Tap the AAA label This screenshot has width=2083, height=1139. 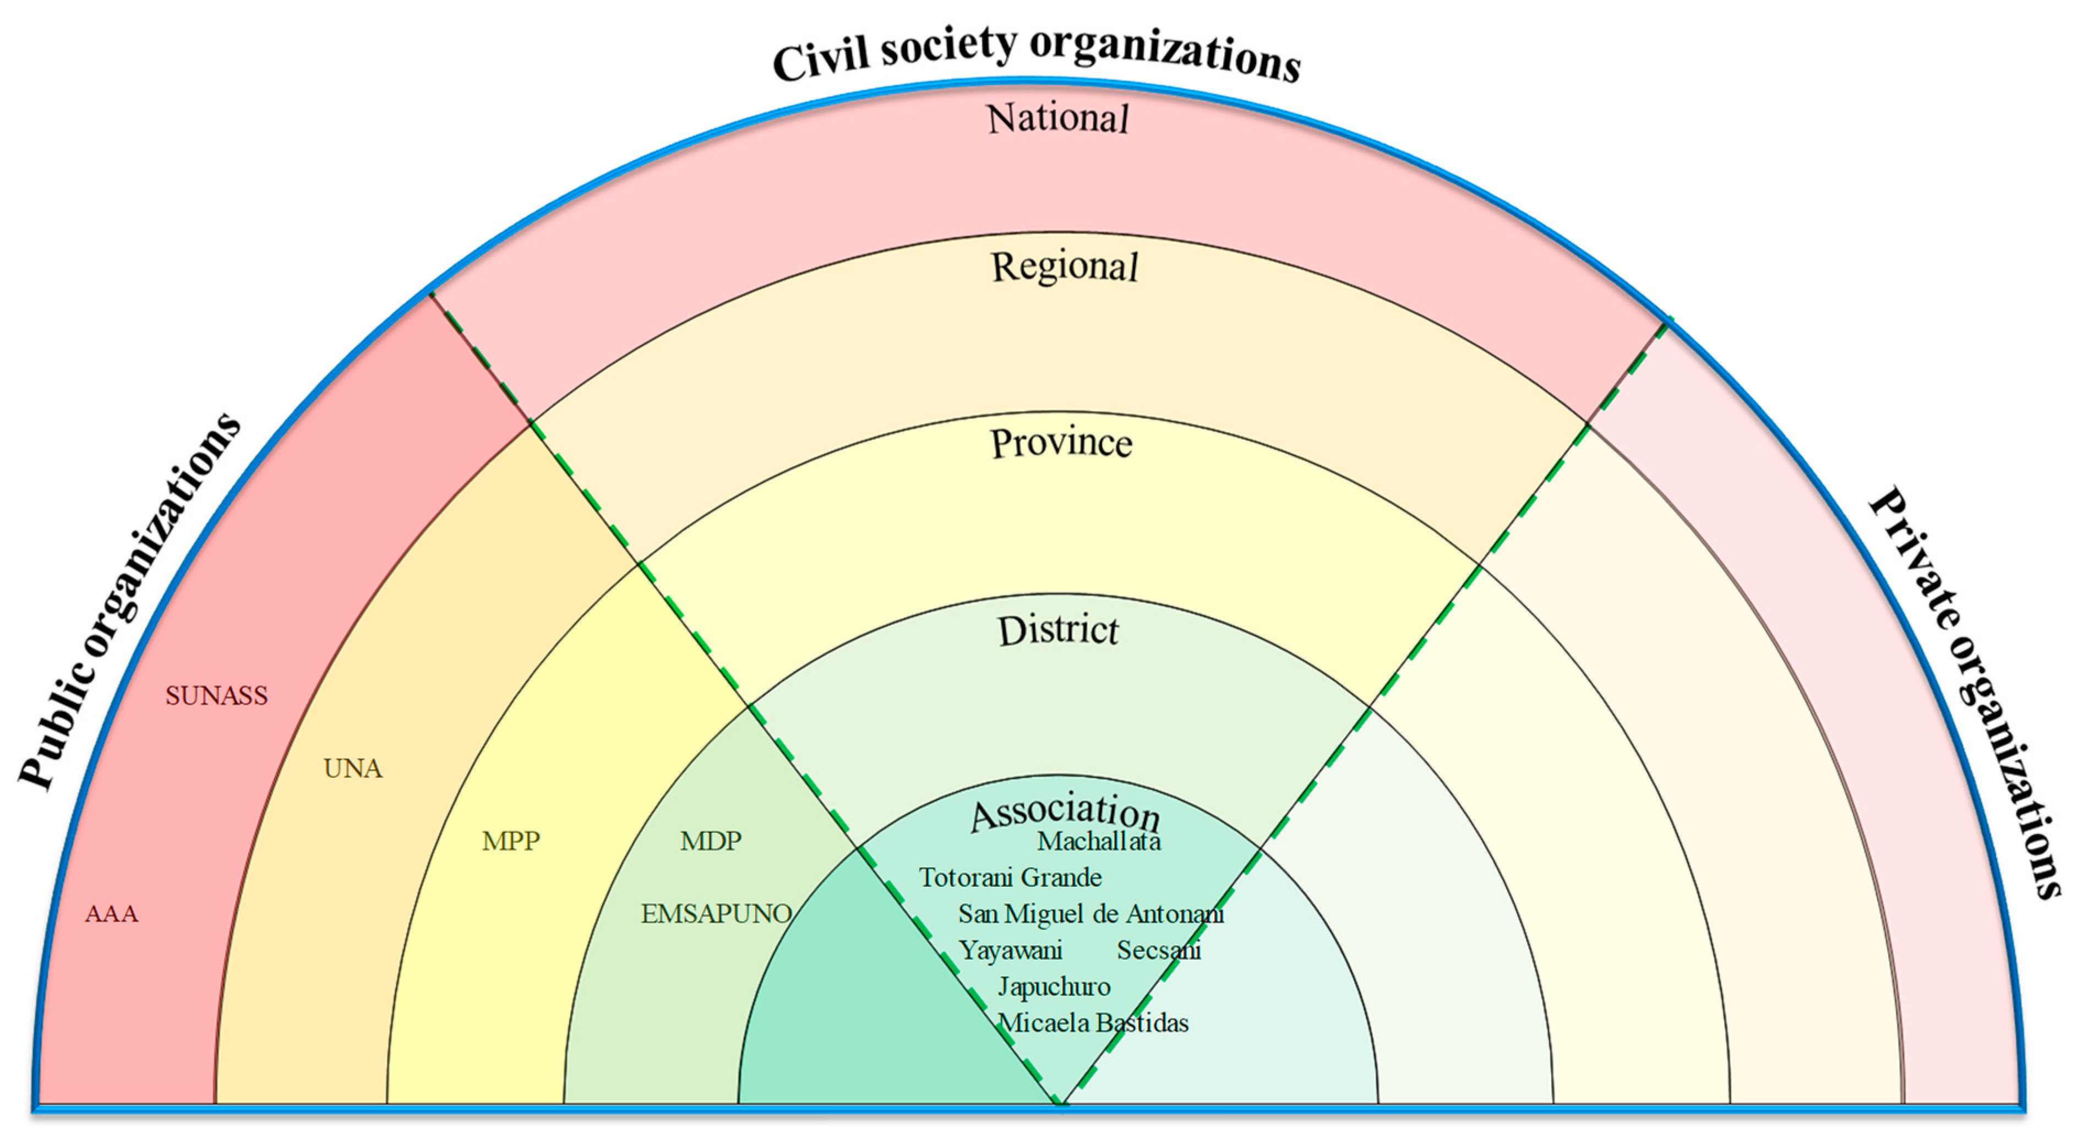coord(112,914)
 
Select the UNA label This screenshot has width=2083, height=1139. coord(352,769)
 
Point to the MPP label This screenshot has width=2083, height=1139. coord(510,841)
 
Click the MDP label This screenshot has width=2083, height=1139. coord(710,841)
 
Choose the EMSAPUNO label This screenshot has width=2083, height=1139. coord(716,914)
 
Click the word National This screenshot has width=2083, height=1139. coord(1057,119)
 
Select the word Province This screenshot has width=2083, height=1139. coord(1061,443)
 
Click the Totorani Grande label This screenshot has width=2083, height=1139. coord(1010,878)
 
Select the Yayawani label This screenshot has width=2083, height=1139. coord(1010,951)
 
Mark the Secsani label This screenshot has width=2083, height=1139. coord(1159,951)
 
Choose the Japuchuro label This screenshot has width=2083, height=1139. coord(1054,987)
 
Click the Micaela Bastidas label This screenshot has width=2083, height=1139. coord(1093,1023)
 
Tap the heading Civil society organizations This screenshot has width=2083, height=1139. coord(1037,53)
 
